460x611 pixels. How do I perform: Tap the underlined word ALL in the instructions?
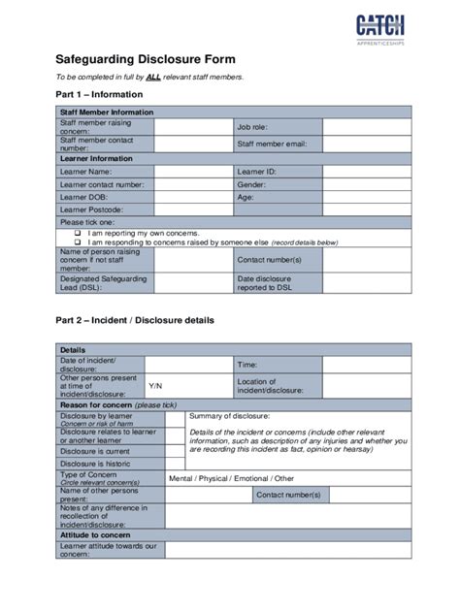tap(153, 76)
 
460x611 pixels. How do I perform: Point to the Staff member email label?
tap(271, 145)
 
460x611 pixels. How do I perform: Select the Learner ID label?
tap(257, 171)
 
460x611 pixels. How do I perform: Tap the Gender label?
tap(251, 183)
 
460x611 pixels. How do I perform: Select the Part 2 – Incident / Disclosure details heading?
tap(134, 320)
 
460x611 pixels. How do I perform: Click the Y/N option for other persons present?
tap(155, 385)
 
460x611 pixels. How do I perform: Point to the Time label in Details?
tap(247, 365)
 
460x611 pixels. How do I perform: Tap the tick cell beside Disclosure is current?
tap(175, 451)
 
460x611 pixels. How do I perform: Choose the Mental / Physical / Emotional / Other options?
tap(231, 478)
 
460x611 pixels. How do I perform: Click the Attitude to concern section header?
tap(95, 534)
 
